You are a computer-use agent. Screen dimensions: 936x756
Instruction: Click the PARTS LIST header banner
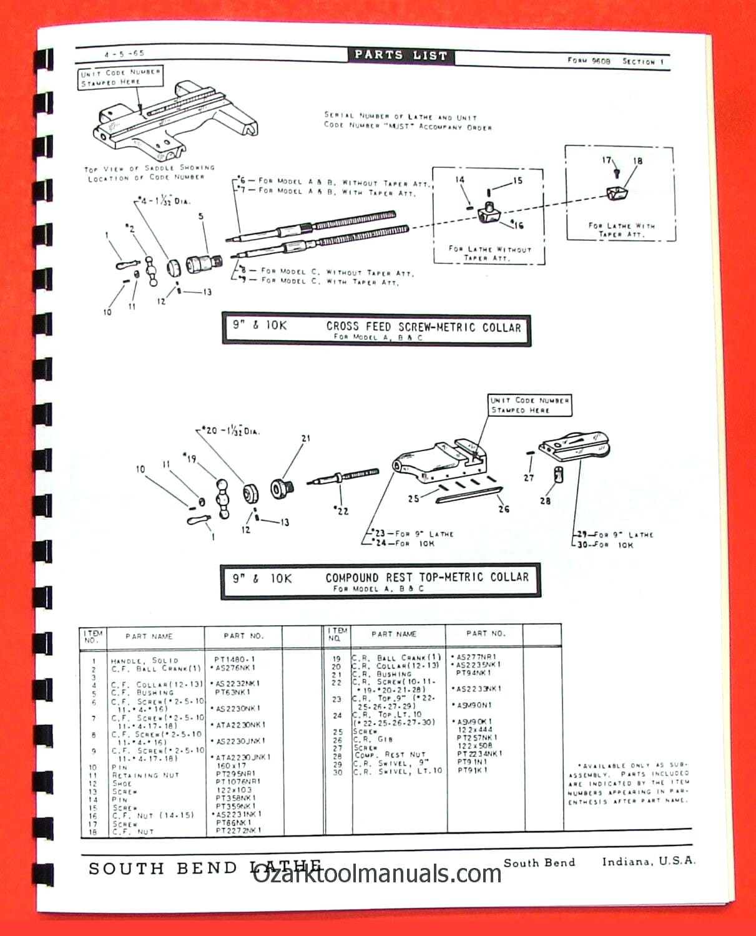(401, 55)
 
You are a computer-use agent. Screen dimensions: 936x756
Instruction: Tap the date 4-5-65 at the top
(124, 54)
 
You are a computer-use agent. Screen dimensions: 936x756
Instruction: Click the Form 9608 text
(589, 61)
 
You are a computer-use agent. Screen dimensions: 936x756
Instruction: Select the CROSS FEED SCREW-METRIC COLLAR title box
(376, 329)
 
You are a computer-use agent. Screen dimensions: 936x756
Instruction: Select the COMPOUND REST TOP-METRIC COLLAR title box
(380, 581)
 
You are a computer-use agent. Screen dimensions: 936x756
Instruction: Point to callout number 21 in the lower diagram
(305, 439)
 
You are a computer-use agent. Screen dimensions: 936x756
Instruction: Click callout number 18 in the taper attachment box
(637, 161)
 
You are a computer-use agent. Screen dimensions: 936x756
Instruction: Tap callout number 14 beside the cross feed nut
(460, 180)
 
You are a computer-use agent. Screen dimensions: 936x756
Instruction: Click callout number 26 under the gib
(503, 509)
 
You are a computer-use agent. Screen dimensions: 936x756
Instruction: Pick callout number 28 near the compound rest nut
(545, 500)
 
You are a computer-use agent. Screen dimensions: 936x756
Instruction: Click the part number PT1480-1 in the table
(234, 659)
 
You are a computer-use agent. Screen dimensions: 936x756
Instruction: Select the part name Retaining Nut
(145, 775)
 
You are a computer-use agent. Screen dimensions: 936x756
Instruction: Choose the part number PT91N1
(473, 762)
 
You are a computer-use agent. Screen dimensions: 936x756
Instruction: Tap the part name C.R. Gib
(373, 739)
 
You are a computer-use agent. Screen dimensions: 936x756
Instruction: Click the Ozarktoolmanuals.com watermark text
(377, 873)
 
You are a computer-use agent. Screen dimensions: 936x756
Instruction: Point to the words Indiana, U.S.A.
(648, 862)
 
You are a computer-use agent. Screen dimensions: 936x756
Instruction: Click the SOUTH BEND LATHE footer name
(205, 868)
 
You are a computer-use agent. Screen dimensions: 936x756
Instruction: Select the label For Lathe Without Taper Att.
(489, 253)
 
